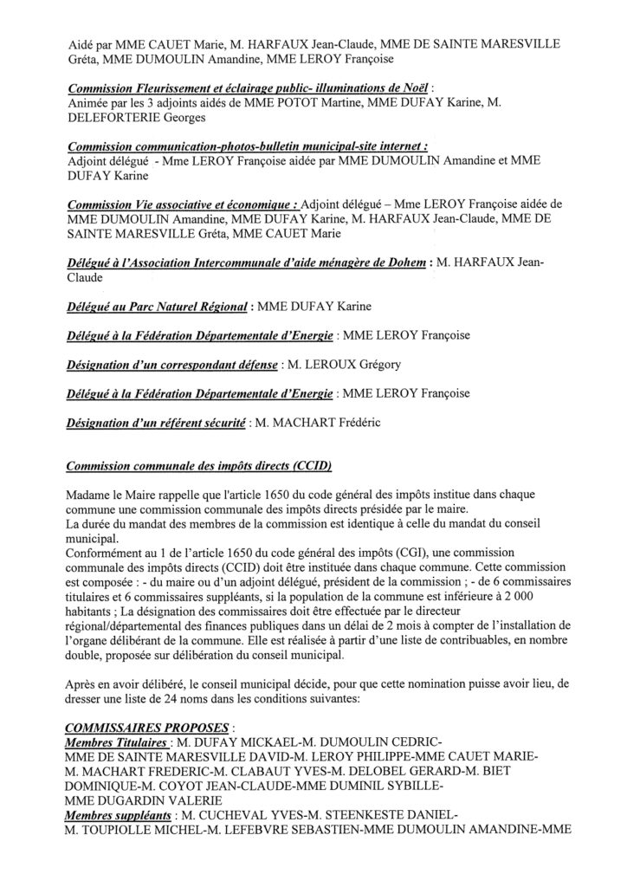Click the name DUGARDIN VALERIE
click(x=122, y=802)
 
